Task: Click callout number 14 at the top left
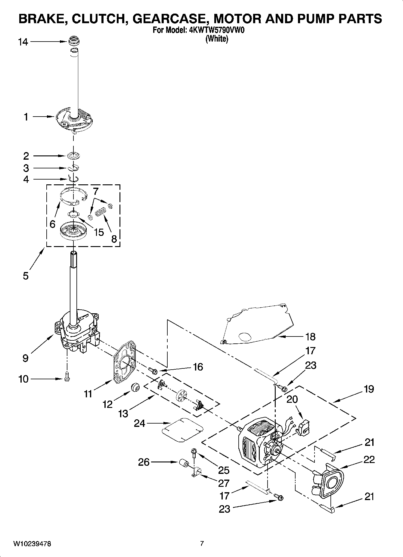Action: pyautogui.click(x=23, y=42)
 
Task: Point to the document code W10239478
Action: pyautogui.click(x=32, y=544)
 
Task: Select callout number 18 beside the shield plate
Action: pyautogui.click(x=310, y=336)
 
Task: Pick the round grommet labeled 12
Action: pyautogui.click(x=135, y=388)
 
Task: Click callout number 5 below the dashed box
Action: pyautogui.click(x=26, y=275)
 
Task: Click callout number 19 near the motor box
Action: pyautogui.click(x=368, y=389)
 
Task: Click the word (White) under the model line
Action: pyautogui.click(x=216, y=39)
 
